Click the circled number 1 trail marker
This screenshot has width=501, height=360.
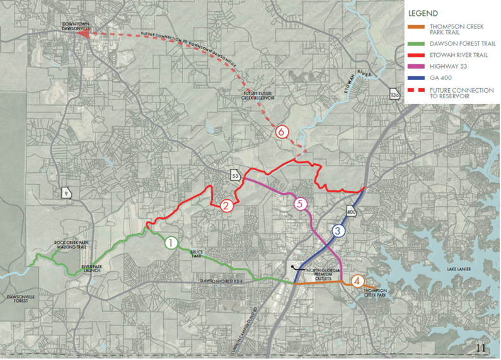(170, 242)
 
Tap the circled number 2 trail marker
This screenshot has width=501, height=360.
(227, 205)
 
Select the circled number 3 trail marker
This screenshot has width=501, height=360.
(338, 231)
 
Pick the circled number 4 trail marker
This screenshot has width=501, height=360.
(358, 281)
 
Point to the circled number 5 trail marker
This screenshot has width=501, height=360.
(300, 204)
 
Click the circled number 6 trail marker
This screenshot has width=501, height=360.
(282, 132)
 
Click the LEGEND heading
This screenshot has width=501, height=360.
(423, 13)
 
